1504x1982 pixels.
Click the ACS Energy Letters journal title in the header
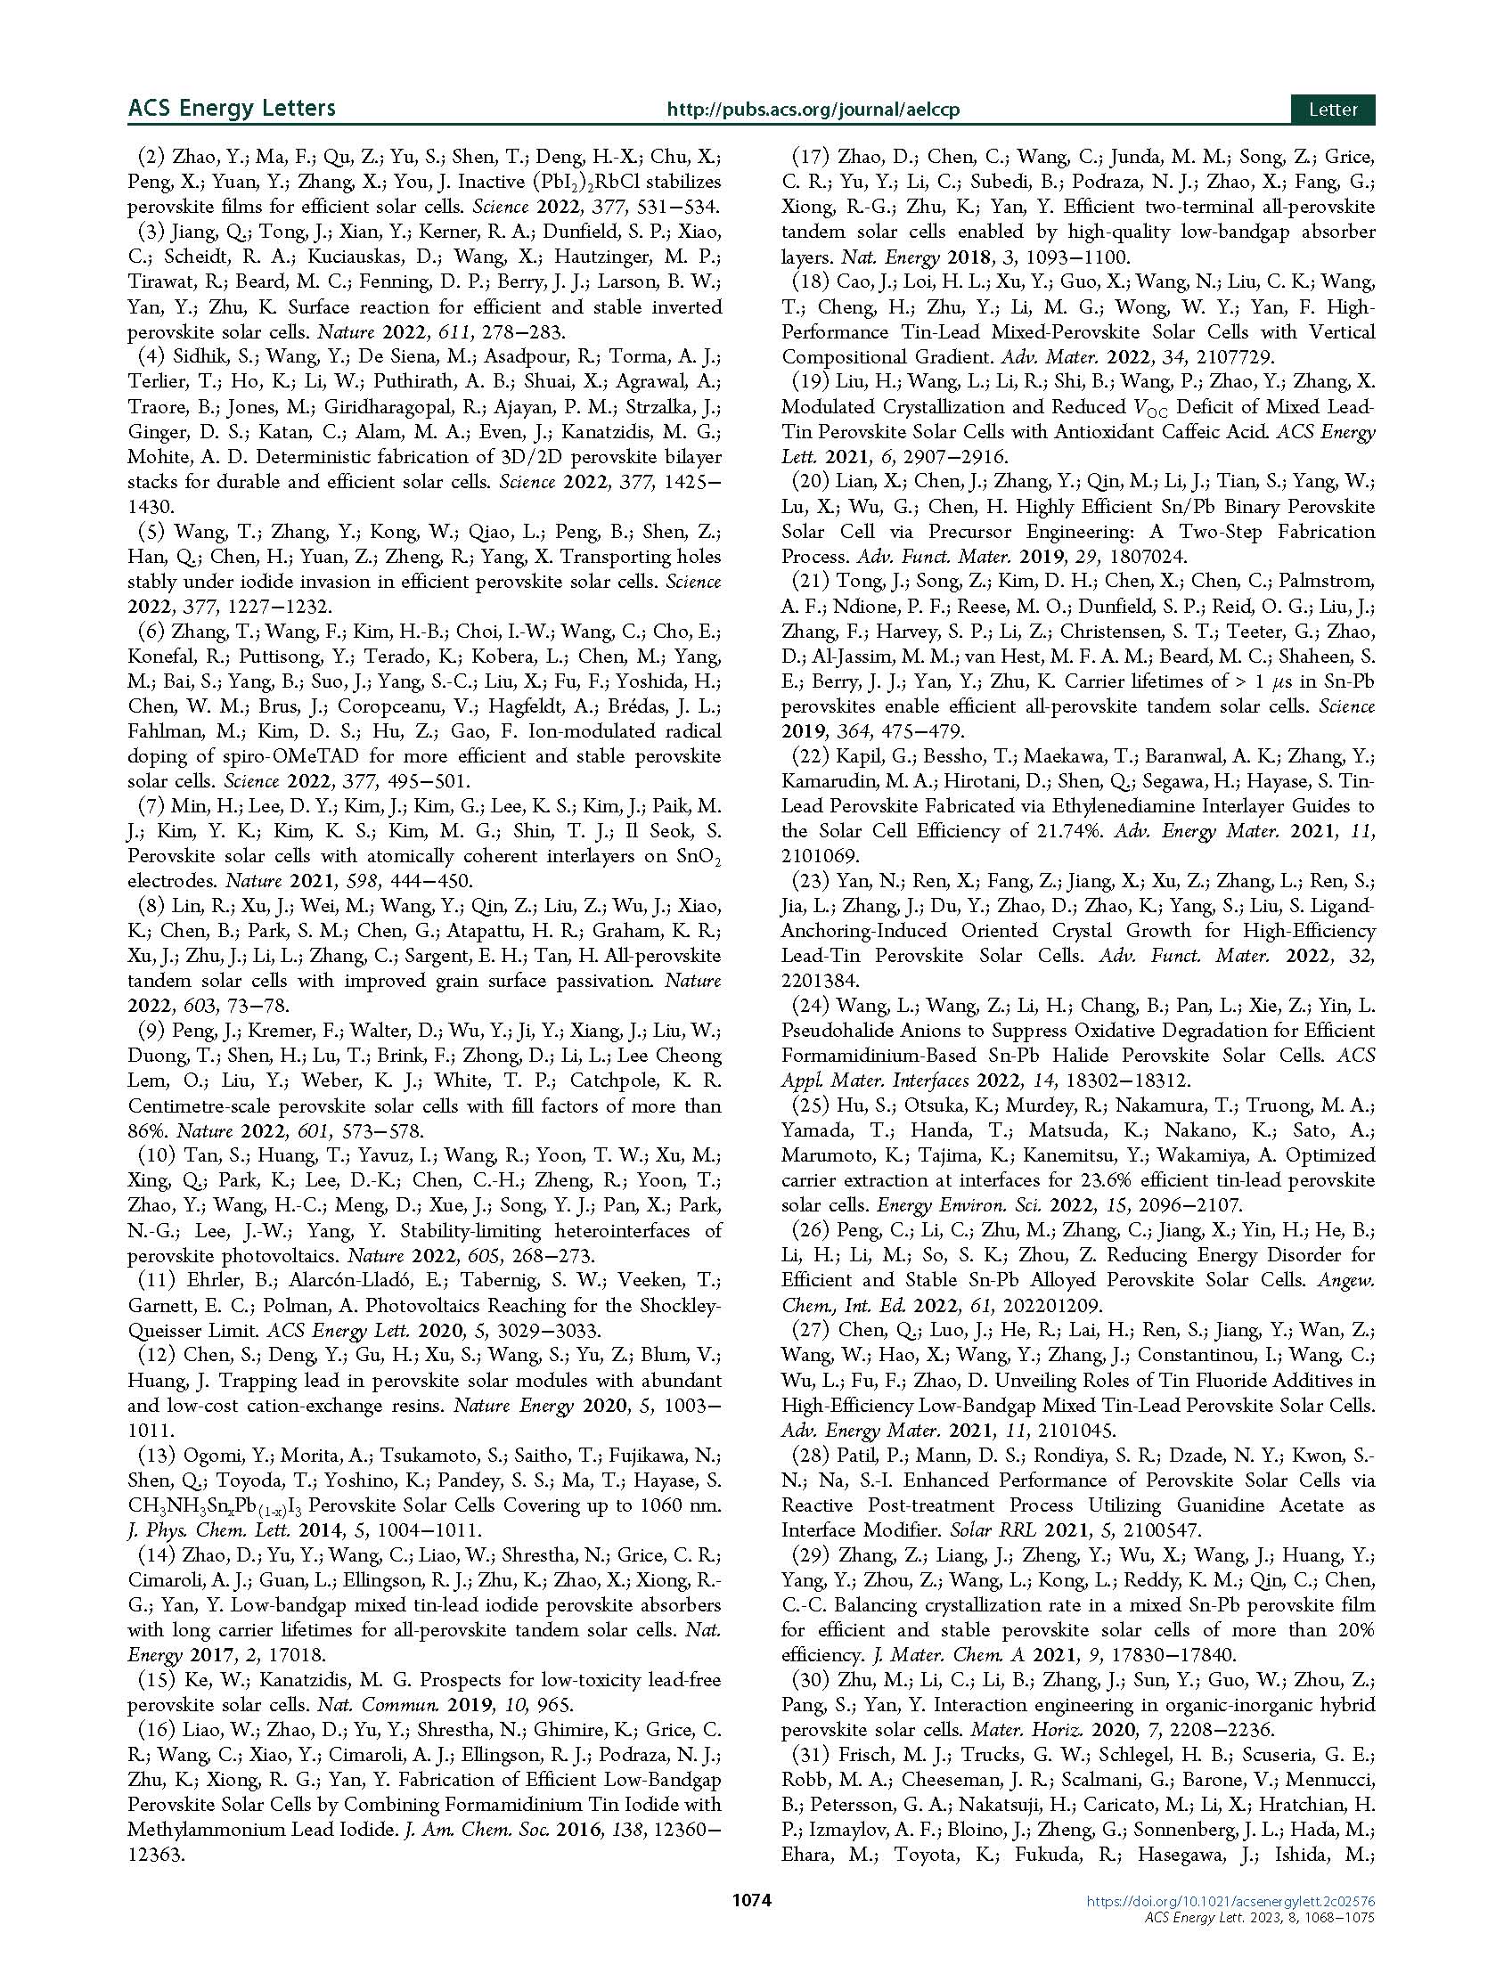click(232, 109)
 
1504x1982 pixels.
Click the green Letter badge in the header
click(1333, 110)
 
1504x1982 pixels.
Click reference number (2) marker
click(151, 157)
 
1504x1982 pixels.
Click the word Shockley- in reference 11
click(683, 1306)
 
